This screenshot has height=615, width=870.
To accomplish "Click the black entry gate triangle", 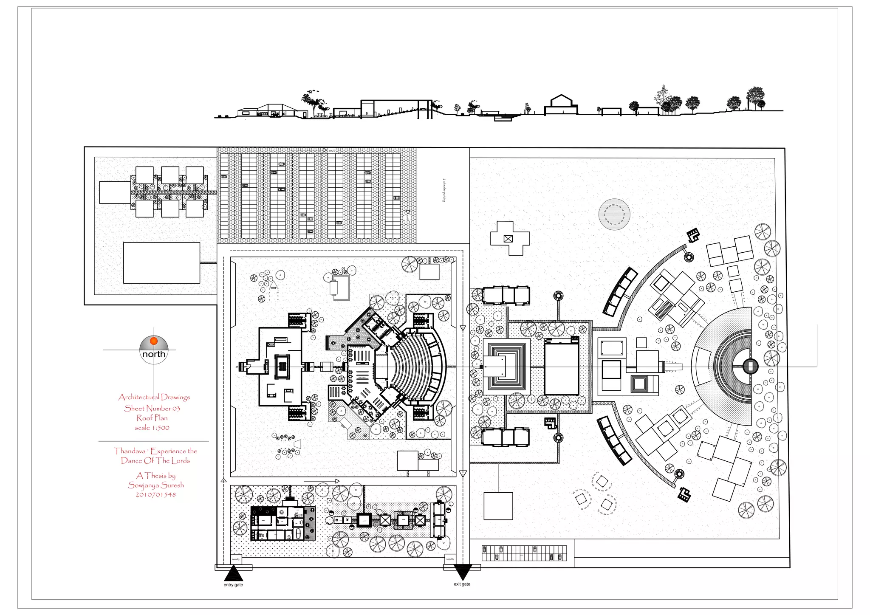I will [233, 574].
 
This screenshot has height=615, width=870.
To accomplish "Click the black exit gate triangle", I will [462, 572].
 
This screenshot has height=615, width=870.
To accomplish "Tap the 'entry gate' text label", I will [233, 585].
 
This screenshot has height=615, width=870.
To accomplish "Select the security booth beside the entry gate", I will [236, 559].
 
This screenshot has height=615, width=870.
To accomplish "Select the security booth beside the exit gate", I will [450, 559].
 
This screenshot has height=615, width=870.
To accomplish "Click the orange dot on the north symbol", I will [154, 341].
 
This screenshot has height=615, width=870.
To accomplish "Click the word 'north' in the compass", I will [154, 354].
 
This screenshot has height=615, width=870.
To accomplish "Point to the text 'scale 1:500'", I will [152, 428].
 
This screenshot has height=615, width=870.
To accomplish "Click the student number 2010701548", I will [155, 495].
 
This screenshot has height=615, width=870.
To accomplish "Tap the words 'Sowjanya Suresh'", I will [156, 485].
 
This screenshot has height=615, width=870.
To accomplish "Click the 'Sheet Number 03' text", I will [152, 408].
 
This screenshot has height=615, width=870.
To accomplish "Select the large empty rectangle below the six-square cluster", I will [161, 262].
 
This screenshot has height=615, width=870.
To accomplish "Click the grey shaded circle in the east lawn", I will [614, 214].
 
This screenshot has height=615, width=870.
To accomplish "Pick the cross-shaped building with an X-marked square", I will [509, 238].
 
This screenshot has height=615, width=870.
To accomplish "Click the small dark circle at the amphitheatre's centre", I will [750, 366].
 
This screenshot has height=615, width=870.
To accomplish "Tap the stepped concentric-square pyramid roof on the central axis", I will [506, 366].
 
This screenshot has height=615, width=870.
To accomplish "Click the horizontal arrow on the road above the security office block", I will [322, 481].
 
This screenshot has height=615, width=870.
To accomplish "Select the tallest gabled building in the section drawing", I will [561, 105].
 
